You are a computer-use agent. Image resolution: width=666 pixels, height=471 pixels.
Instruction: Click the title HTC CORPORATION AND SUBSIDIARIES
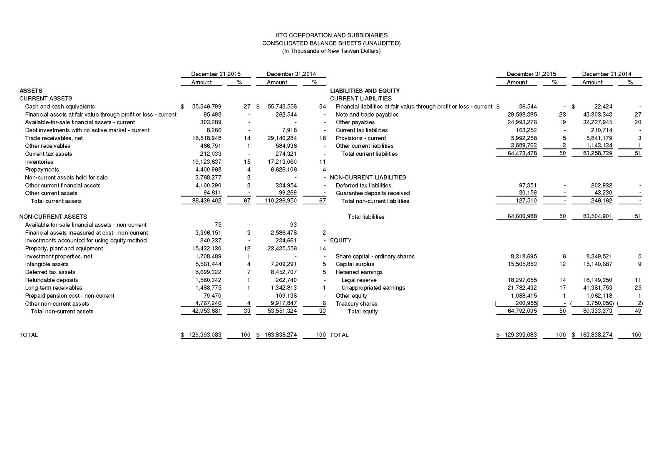tap(331, 35)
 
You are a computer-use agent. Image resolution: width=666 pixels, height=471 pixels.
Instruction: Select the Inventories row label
tap(39, 162)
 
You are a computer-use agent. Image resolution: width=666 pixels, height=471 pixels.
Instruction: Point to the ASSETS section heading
tap(31, 91)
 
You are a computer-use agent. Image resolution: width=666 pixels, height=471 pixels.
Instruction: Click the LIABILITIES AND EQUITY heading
tap(365, 91)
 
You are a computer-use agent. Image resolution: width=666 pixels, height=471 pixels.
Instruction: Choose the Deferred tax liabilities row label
tap(363, 185)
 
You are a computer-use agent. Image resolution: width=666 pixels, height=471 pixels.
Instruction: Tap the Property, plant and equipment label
tap(64, 248)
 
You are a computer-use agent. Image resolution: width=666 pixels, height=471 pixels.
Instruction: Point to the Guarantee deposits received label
tap(373, 193)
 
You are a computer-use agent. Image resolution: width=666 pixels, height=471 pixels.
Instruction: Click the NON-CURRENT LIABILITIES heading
tap(368, 177)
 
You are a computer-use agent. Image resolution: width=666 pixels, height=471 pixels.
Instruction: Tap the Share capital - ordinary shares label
tap(375, 257)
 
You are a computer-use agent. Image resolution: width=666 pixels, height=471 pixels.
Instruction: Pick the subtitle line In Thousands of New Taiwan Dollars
tap(331, 51)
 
